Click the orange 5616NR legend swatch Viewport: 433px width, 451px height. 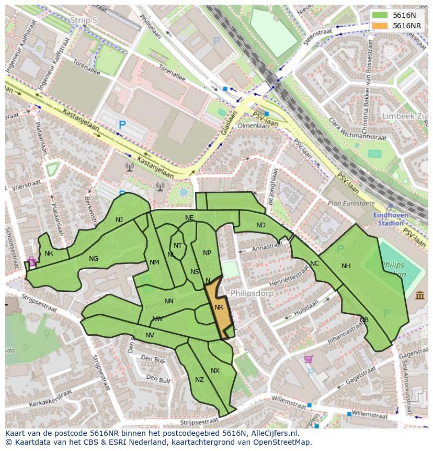[x=380, y=26]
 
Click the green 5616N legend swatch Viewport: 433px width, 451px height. [x=380, y=15]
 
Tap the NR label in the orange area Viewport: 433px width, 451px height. [x=219, y=307]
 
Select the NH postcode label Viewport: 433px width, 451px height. [x=346, y=266]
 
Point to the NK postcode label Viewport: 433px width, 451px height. [x=49, y=254]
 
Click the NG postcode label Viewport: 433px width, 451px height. [x=94, y=259]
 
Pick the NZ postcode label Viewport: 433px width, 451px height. [x=199, y=380]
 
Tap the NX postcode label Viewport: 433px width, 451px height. [x=215, y=371]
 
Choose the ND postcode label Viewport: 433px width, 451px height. [x=260, y=225]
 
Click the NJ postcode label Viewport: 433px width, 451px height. [x=119, y=220]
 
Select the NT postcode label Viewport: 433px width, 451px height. [x=178, y=246]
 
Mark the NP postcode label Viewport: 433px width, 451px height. [x=207, y=253]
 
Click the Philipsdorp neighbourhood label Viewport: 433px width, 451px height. [x=252, y=293]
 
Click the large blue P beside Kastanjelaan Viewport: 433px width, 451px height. [x=122, y=125]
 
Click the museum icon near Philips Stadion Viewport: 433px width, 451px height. [x=420, y=296]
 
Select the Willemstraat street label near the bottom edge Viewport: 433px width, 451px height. [x=369, y=415]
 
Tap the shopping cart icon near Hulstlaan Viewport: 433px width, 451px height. [x=309, y=359]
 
